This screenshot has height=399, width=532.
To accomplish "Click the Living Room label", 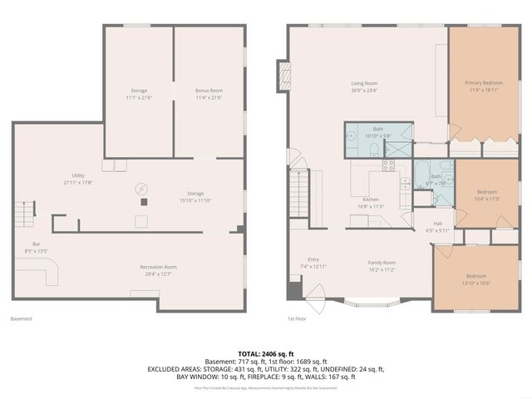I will click(x=366, y=83).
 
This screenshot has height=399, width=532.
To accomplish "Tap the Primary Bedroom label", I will click(x=483, y=83).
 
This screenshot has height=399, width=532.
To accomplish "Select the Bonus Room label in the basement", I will click(x=209, y=90).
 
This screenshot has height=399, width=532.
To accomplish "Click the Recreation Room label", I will click(x=158, y=267).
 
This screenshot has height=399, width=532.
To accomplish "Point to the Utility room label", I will click(x=79, y=176).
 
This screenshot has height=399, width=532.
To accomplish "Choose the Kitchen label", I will click(x=371, y=199).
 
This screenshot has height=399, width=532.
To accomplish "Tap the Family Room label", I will click(x=382, y=263).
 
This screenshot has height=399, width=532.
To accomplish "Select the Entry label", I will click(x=313, y=260).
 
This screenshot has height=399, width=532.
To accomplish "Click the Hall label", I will click(x=437, y=224).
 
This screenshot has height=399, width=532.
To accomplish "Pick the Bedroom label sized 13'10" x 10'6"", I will click(x=475, y=276).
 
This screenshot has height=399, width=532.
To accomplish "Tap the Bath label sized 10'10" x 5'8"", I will click(x=377, y=130).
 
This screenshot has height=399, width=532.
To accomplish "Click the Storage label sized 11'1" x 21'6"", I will click(x=139, y=90).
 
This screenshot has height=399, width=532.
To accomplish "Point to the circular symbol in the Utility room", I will click(x=140, y=188).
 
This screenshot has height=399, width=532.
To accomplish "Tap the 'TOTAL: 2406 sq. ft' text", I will click(x=266, y=354).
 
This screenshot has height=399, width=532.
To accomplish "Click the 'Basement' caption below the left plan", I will click(x=21, y=318).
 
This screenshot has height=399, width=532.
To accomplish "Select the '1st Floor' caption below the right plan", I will click(x=298, y=318).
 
